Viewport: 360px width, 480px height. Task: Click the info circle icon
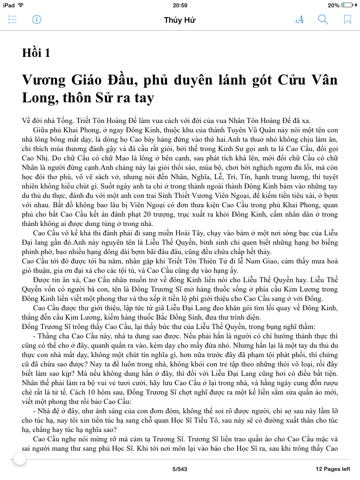38,20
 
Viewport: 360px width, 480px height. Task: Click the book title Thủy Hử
180,20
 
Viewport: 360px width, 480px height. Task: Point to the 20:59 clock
180,5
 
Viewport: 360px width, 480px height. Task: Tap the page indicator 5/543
180,468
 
